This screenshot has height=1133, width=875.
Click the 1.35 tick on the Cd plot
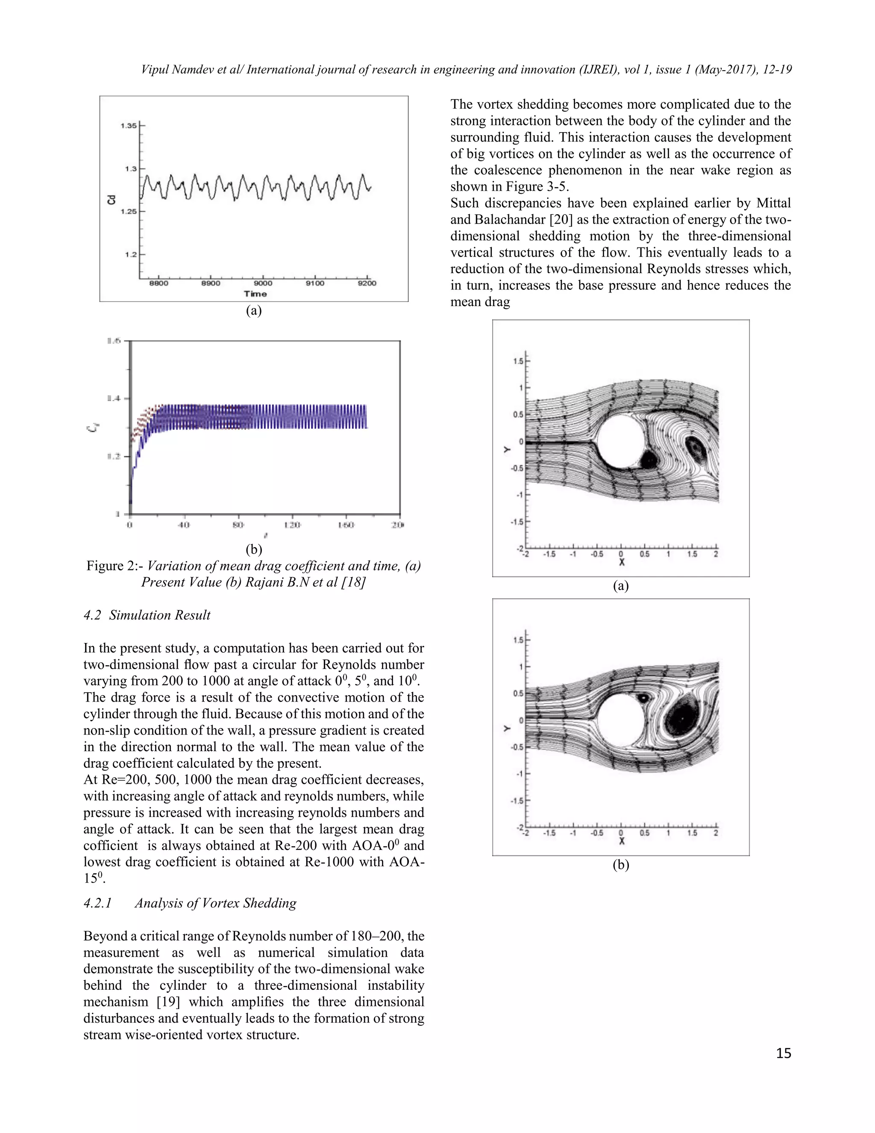click(129, 126)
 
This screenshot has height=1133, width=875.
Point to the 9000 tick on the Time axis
click(263, 283)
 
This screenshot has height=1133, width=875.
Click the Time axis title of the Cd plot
click(255, 294)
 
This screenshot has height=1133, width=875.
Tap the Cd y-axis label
click(111, 199)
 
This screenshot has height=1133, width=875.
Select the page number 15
click(783, 1053)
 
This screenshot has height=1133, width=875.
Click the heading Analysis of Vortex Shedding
click(215, 903)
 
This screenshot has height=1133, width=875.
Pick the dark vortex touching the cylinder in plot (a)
click(648, 459)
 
